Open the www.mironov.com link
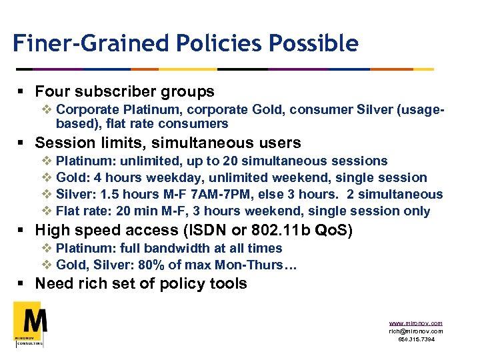[x=415, y=323]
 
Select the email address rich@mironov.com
[x=415, y=331]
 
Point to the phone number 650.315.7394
[x=415, y=339]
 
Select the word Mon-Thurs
[x=253, y=265]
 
